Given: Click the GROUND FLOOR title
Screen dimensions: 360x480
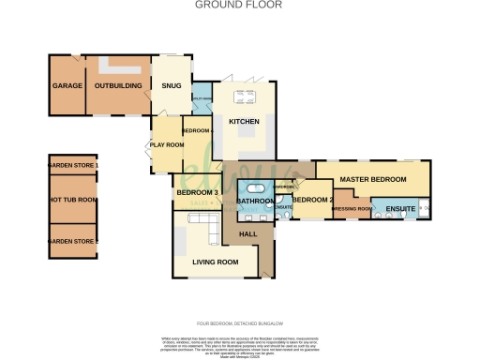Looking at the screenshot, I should pos(239,5).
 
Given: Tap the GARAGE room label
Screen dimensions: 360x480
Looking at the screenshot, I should pos(67,86).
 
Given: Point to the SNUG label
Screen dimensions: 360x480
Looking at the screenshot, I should pos(171,86).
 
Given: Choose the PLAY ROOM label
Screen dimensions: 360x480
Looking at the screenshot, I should pos(165,145).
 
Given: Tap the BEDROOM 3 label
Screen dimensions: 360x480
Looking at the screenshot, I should pos(196,193).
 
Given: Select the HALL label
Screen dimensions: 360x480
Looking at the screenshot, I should pos(248,233).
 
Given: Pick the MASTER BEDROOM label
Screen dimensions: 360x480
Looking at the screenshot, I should pos(372,178).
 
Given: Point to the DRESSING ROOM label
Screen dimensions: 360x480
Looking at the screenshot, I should pos(352,208).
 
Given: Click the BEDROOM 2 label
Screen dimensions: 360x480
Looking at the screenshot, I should pos(308,199).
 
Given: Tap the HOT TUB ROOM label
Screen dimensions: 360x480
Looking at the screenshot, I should pos(73,200).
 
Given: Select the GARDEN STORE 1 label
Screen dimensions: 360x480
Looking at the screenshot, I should pos(73,166).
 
